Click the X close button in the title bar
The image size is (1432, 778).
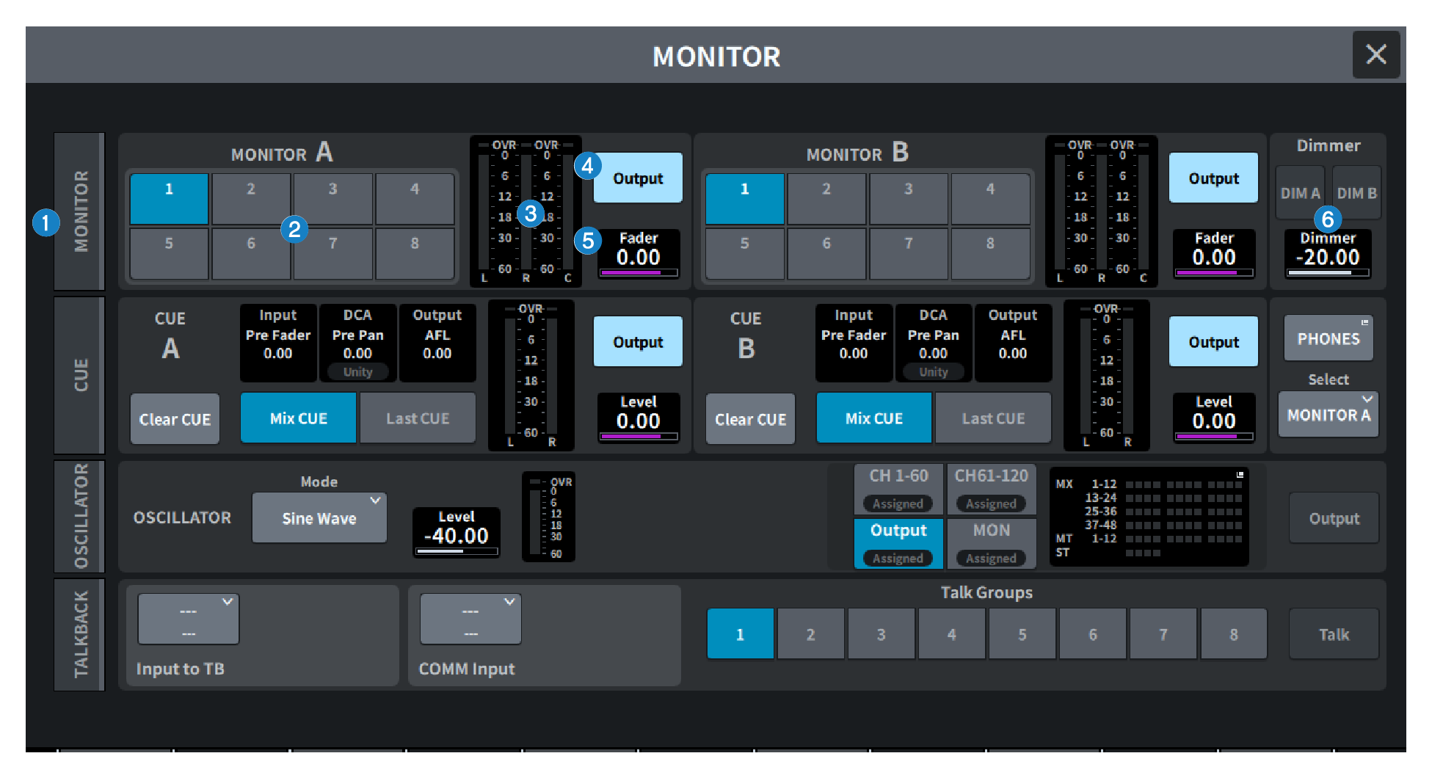(x=1375, y=54)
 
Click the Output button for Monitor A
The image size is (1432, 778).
(x=637, y=178)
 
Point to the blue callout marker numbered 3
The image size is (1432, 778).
(x=530, y=214)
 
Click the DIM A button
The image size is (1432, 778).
(x=1300, y=193)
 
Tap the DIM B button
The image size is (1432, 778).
(x=1356, y=193)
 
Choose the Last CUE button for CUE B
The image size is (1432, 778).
(x=992, y=418)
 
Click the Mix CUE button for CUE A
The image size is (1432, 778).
(x=298, y=418)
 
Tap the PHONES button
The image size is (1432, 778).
(x=1328, y=338)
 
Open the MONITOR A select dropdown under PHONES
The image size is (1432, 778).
(x=1328, y=415)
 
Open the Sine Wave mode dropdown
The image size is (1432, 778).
(x=319, y=518)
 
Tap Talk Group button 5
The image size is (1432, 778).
(x=1022, y=634)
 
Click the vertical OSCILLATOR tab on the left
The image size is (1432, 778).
(x=80, y=517)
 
